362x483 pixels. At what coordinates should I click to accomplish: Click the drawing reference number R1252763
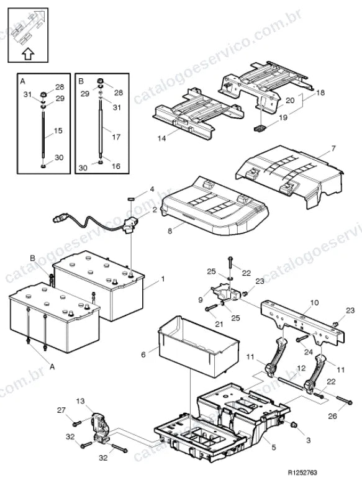tap(302, 472)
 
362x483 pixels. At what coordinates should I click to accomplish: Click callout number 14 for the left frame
tap(161, 138)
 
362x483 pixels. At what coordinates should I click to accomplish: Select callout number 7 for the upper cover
tap(333, 149)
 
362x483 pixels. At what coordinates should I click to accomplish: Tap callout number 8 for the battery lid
tap(170, 230)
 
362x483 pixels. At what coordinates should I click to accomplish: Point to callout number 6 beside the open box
tap(143, 354)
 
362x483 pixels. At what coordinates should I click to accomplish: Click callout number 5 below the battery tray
tap(274, 447)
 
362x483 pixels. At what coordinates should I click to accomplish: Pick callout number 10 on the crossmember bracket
tap(314, 303)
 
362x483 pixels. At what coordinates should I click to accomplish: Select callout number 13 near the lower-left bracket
tap(81, 401)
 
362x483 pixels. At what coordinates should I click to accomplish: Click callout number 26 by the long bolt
tap(332, 416)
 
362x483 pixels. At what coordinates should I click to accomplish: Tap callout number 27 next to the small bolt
tap(61, 410)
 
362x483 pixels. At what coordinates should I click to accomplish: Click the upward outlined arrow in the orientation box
tap(28, 54)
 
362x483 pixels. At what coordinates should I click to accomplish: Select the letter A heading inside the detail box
tap(22, 81)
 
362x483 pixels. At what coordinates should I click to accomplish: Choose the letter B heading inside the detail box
tap(81, 81)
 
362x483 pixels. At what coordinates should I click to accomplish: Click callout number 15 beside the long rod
tap(58, 130)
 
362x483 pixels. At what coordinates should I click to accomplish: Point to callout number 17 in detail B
tap(116, 137)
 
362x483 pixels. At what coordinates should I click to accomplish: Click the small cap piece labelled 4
tap(130, 199)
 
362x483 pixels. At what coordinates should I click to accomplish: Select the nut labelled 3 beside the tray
tap(293, 425)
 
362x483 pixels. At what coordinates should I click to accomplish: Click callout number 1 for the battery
tap(163, 279)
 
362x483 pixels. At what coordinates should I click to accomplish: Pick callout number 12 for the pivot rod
tap(301, 368)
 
